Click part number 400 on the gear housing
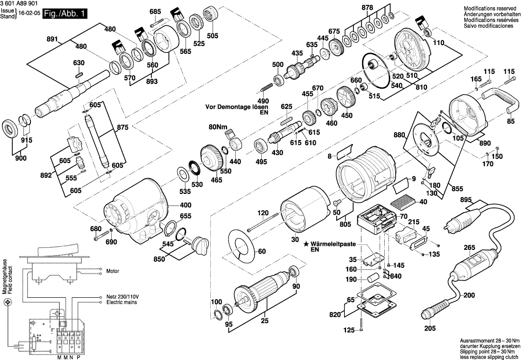pos(172,205)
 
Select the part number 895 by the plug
pos(466,199)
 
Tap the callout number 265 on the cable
pos(470,248)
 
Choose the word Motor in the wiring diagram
pos(113,270)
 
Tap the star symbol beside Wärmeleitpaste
pos(306,243)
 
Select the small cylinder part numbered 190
pos(375,280)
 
